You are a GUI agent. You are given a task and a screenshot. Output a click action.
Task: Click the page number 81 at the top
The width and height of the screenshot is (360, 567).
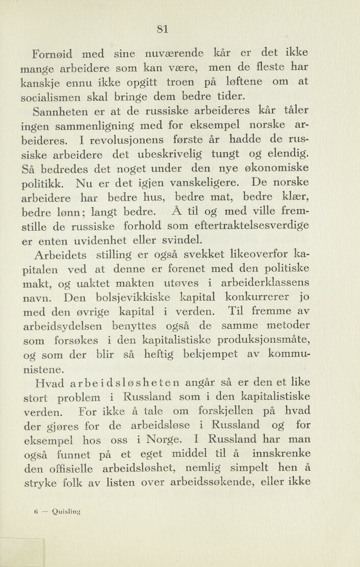163,29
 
